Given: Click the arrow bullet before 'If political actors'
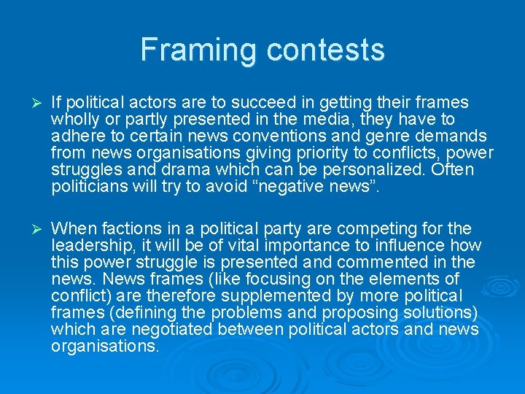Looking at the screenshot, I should (30, 103).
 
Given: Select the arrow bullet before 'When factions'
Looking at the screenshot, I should (30, 229).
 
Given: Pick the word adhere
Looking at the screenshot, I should (77, 136).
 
